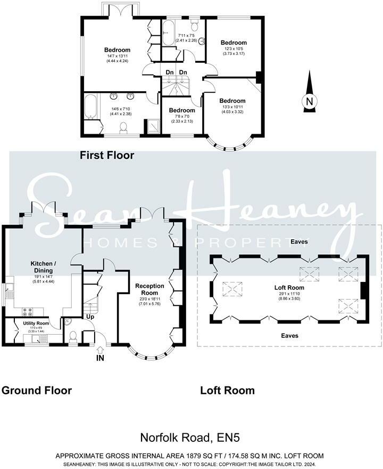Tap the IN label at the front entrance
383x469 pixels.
(100, 358)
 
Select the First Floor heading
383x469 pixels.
(107, 156)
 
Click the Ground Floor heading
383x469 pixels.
(37, 390)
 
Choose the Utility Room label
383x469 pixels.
(36, 323)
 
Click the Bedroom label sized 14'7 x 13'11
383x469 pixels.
(117, 50)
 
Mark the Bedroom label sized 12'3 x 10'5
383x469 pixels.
(234, 43)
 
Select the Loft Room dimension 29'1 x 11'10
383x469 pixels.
(289, 297)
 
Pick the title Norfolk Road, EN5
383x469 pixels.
(190, 438)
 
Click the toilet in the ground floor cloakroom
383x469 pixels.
(73, 336)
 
